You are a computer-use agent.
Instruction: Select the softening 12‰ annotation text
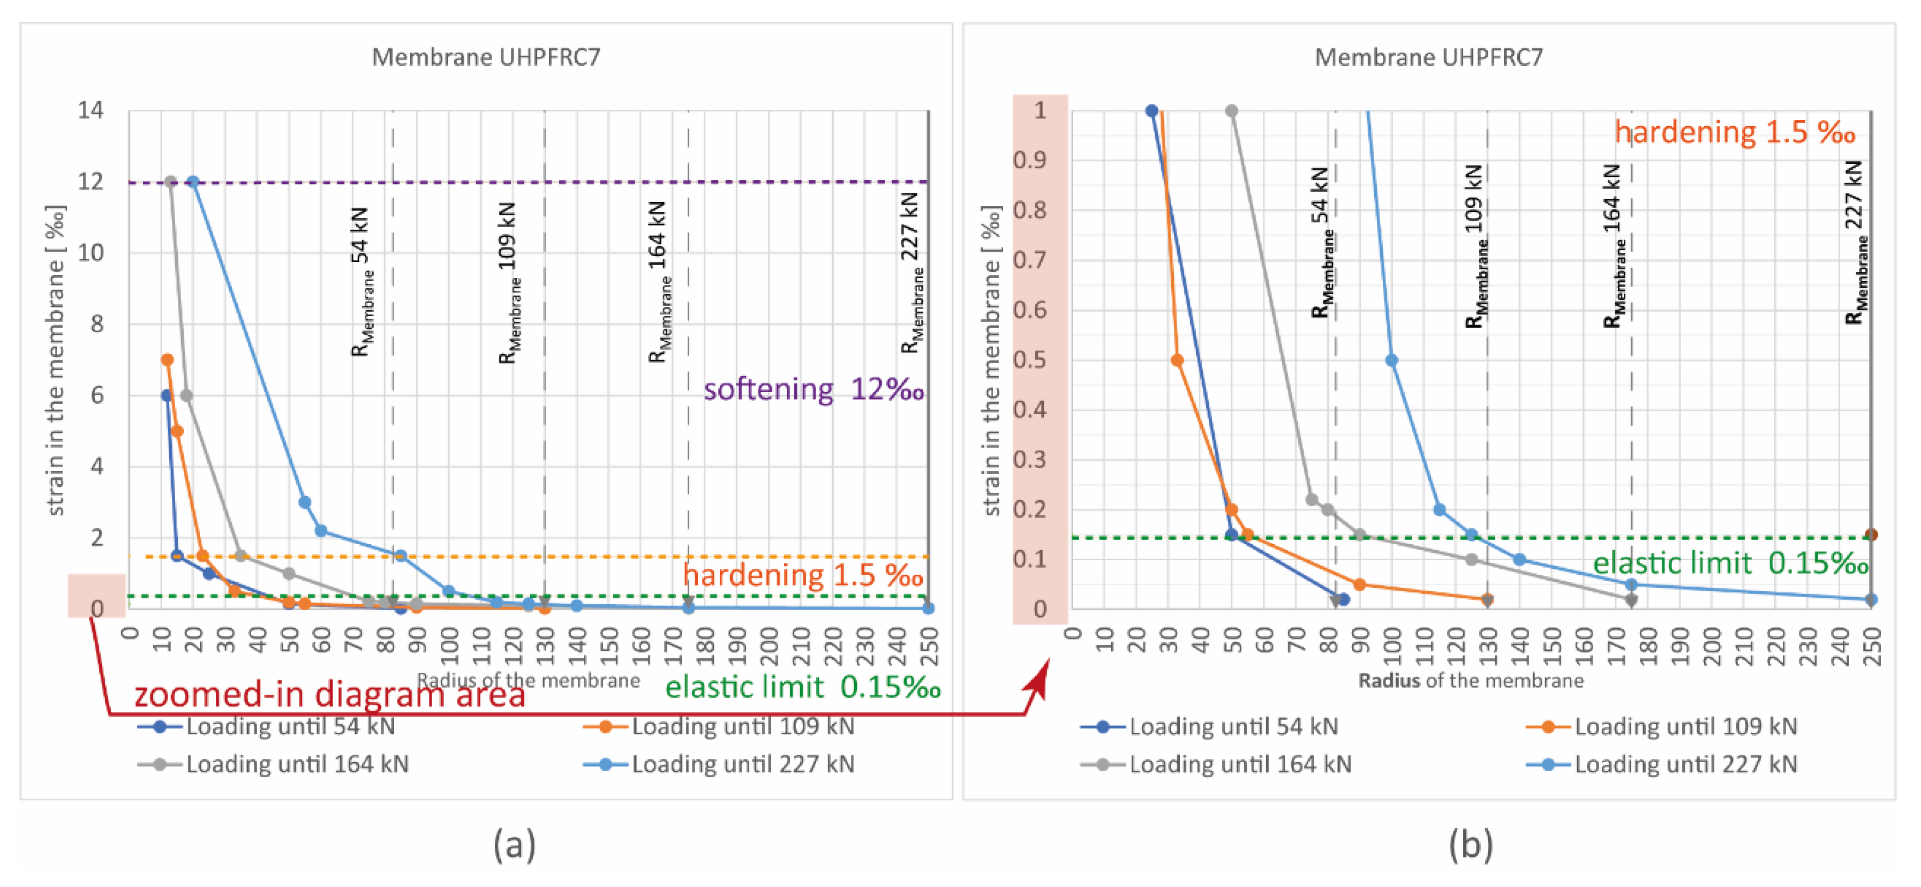coord(813,389)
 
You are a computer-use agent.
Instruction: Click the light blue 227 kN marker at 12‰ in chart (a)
coord(193,182)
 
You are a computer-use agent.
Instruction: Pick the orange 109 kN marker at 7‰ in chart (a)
coord(167,359)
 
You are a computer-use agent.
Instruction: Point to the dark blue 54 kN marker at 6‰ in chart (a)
coord(167,395)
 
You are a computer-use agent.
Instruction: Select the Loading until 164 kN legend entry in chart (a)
coord(297,764)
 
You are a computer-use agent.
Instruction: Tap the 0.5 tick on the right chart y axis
coord(1030,359)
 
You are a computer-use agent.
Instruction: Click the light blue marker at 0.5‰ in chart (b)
coord(1391,360)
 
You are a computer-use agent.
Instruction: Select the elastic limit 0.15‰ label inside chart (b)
coord(1730,563)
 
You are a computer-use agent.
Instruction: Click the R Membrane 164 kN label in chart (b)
coord(1614,246)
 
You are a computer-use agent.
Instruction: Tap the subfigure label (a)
coord(515,845)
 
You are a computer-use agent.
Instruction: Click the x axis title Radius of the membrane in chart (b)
coord(1471,680)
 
